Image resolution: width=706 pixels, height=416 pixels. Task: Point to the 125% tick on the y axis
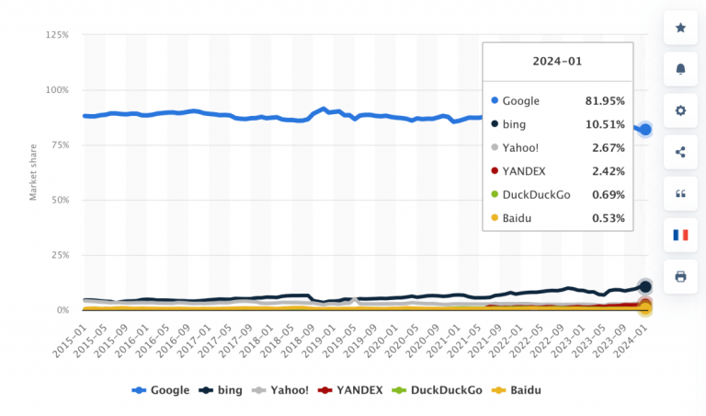56,35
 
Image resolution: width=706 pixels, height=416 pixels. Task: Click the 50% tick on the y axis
59,200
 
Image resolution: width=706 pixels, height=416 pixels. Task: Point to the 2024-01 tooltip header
557,62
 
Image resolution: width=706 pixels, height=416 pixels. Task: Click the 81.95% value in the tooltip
605,100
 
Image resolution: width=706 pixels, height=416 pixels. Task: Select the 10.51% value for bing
605,124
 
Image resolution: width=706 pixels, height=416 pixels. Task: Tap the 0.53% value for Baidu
608,218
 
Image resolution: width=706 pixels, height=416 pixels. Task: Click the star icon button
680,28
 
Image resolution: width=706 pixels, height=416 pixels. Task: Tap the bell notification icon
680,69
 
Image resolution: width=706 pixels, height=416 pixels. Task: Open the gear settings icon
680,110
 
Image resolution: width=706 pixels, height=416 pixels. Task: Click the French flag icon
680,235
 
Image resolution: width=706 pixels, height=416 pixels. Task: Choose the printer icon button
680,276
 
